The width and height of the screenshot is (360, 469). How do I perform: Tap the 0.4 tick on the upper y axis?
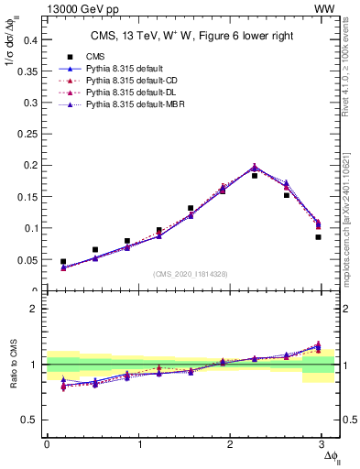(29, 40)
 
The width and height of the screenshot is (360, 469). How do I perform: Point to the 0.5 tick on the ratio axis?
(29, 420)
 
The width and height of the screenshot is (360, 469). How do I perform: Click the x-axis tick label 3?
(325, 444)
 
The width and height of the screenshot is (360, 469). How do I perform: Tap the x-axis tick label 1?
(139, 444)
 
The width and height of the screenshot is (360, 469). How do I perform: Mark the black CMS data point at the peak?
(255, 175)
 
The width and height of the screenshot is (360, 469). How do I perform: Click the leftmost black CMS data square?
(63, 262)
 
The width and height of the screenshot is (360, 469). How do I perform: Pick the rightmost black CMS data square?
(318, 237)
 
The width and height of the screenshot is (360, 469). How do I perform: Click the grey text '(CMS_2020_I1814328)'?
(191, 274)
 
